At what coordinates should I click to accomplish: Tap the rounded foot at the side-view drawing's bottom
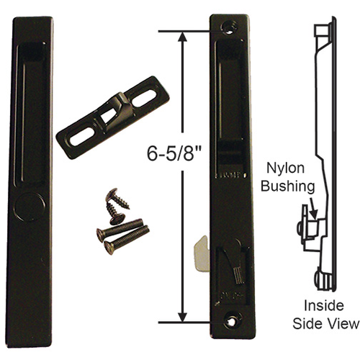pyautogui.click(x=321, y=277)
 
